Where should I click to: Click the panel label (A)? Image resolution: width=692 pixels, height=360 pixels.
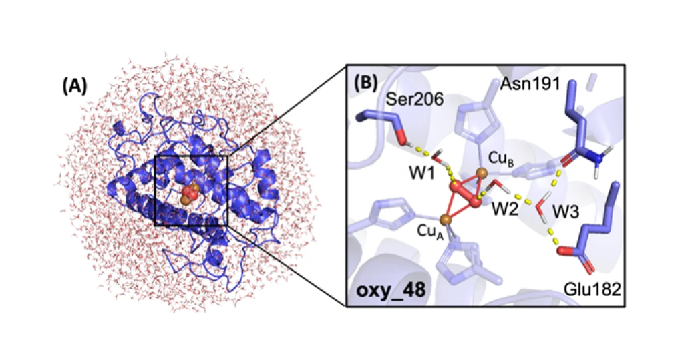(75, 86)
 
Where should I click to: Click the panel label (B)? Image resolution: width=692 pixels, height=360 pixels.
(366, 83)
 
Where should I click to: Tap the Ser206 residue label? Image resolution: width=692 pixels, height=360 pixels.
(414, 100)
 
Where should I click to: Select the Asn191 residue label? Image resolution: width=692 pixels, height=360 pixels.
(530, 83)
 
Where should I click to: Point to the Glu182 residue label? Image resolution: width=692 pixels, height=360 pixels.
(592, 289)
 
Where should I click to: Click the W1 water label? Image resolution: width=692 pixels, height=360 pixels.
(422, 174)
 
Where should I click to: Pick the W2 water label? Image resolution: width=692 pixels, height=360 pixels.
(505, 208)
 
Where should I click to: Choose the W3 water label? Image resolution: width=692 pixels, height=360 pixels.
(565, 212)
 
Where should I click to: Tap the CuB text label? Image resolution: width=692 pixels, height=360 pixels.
(500, 159)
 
